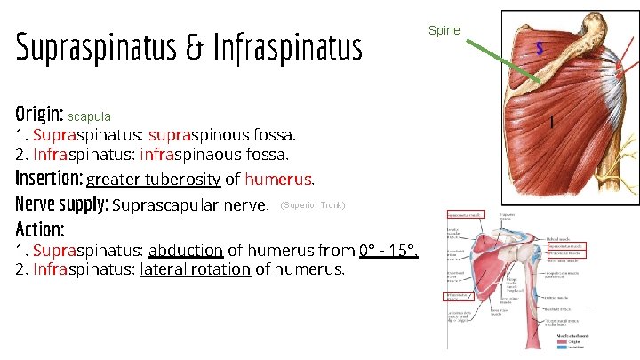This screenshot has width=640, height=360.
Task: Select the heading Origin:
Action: click(x=39, y=115)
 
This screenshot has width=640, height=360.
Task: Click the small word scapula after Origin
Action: click(x=89, y=116)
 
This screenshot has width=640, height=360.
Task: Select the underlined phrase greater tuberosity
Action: click(x=153, y=180)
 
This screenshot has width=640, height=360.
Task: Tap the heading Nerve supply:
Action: click(x=61, y=205)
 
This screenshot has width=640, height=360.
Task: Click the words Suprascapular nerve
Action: click(x=191, y=206)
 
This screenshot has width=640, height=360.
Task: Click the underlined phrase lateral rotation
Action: click(x=195, y=268)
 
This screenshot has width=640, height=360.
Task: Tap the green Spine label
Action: click(x=444, y=30)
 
